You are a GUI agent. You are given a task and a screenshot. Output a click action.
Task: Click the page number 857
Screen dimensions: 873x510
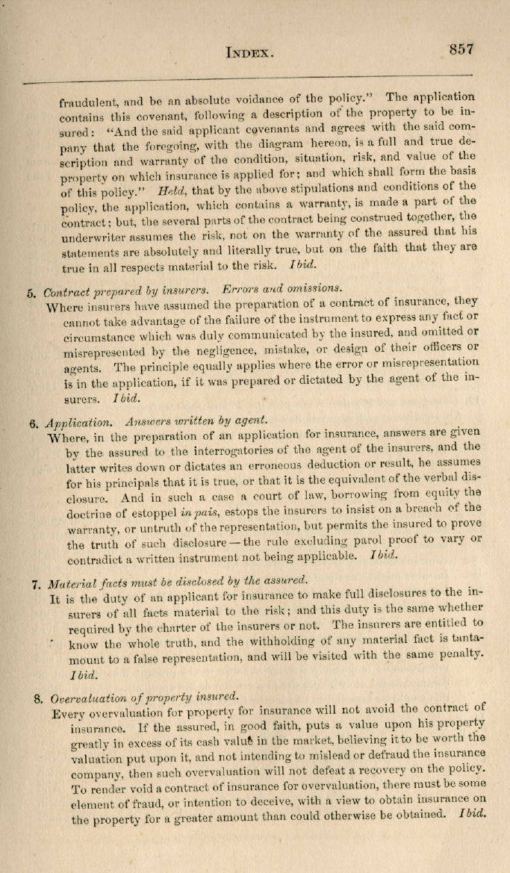tap(461, 49)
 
